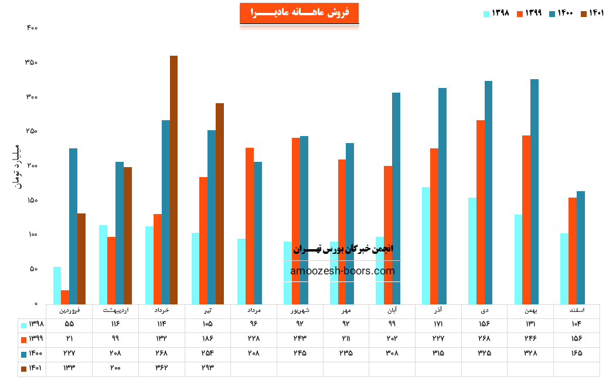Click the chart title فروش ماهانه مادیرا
tap(299, 13)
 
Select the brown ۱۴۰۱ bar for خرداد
tap(173, 179)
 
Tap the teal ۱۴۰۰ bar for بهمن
tap(534, 191)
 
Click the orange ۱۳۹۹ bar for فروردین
tap(64, 297)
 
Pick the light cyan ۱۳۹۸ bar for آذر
tap(425, 245)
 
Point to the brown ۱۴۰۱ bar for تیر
tap(220, 203)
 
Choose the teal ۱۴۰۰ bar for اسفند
tap(581, 247)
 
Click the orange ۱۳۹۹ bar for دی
tap(481, 212)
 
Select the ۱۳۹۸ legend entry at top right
tap(497, 13)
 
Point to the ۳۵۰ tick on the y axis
tap(32, 62)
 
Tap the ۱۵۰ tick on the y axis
tap(32, 201)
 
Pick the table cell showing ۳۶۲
tap(161, 368)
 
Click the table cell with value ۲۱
tap(69, 338)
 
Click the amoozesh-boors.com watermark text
tap(342, 271)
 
